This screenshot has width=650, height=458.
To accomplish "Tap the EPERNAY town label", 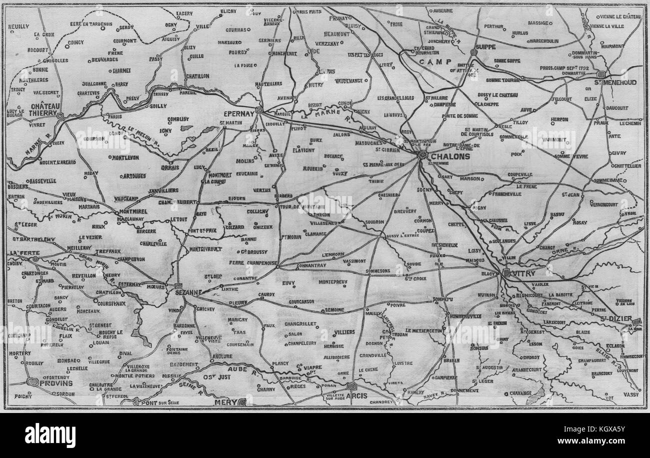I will pos(240,112).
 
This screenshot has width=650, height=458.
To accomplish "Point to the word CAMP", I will pos(431,62).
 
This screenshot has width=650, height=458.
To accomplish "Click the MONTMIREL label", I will pos(132,211).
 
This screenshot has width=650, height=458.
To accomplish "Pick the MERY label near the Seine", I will pos(223,401).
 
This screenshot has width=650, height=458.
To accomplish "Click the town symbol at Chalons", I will pos(422,155).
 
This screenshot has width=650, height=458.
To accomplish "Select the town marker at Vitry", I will pos(506,273).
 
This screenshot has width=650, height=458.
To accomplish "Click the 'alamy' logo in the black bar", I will pos(50,435).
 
